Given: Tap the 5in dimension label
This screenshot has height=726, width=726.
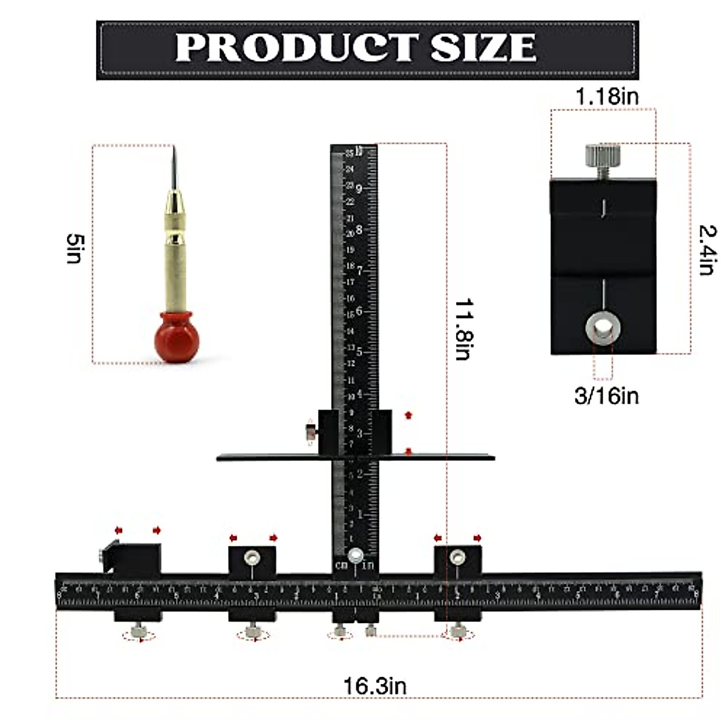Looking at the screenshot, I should pos(73,249).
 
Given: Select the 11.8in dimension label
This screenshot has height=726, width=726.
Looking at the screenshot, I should pos(463,329).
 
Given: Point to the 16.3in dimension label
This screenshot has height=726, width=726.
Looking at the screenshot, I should pos(375,686).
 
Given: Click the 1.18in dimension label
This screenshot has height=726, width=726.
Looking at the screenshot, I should pos(606,96).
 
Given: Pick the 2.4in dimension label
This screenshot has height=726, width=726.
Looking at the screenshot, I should pos(707,249).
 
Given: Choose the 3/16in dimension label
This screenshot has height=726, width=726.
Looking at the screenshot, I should pos(606,396).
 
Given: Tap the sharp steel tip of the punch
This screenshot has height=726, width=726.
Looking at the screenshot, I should pos(173,163).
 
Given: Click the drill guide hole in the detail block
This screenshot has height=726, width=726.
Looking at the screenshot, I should pos(603,329).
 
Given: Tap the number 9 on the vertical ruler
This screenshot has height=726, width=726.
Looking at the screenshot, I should pos(359,189).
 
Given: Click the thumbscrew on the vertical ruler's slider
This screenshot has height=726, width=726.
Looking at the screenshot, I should pos(309,432).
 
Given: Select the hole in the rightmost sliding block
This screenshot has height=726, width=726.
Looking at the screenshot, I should pos(457,555).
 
